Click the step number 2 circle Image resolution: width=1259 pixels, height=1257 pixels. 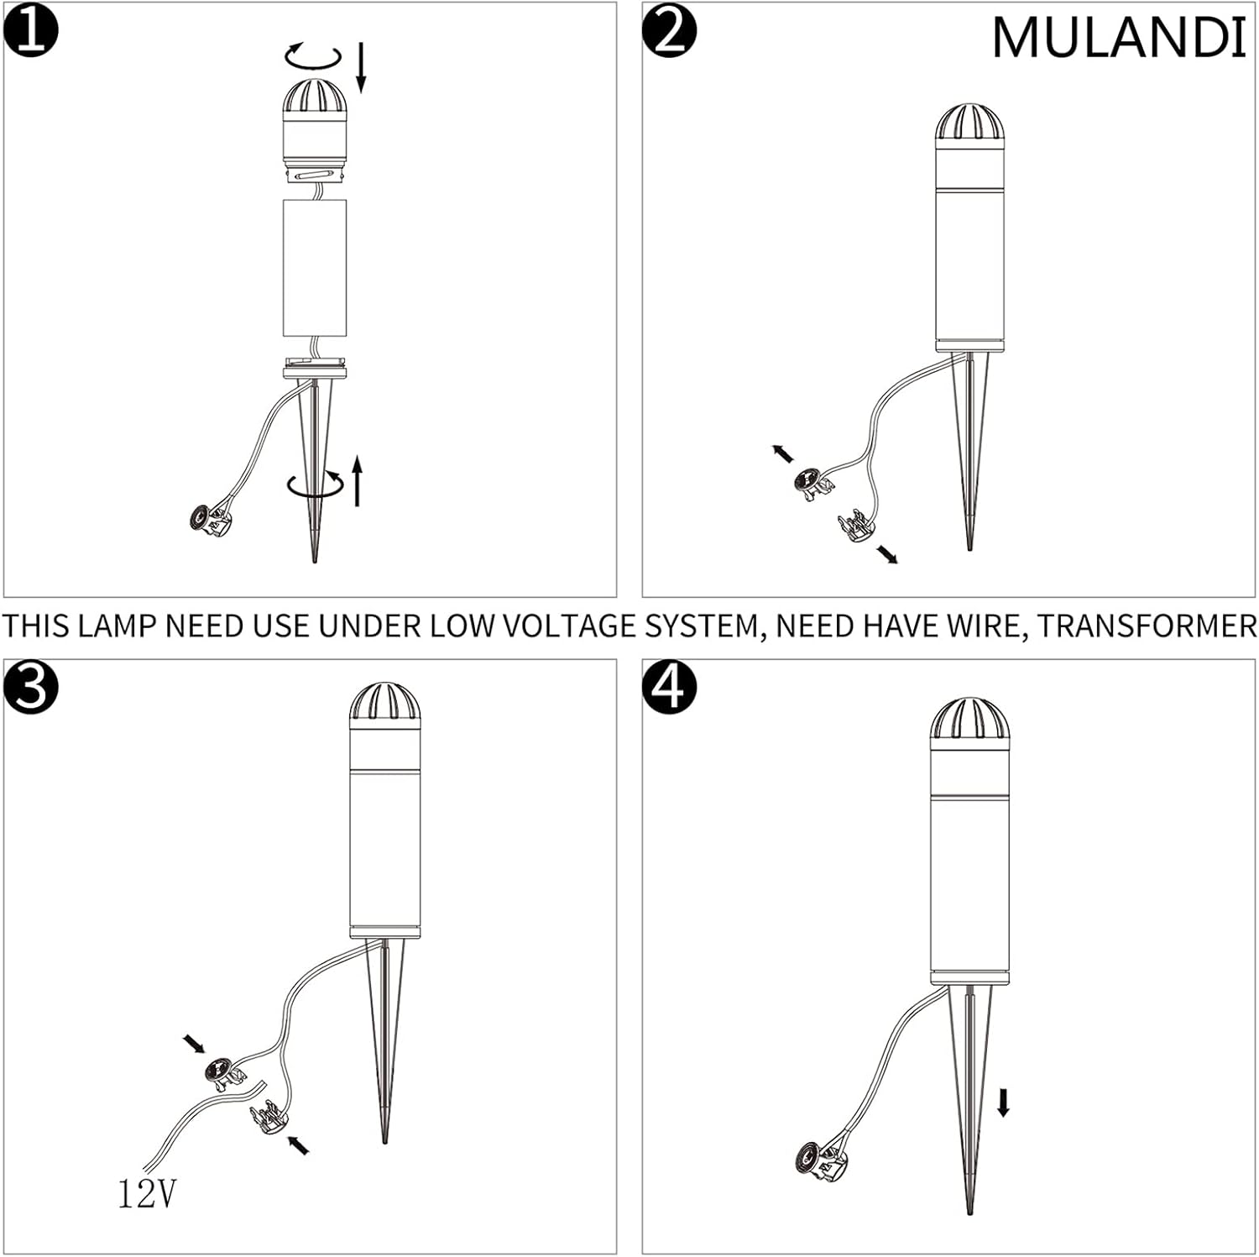tap(669, 33)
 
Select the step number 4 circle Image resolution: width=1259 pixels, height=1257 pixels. tap(669, 687)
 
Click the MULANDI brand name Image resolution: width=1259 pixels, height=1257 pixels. tap(1118, 38)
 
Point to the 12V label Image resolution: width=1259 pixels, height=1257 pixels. tap(148, 1194)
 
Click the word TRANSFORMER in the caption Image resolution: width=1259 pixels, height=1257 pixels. tap(1147, 626)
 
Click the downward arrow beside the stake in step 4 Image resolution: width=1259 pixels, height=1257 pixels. tap(1003, 1102)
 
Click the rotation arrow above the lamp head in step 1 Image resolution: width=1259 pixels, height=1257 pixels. tap(313, 56)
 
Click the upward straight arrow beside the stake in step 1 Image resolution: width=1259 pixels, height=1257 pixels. tap(358, 480)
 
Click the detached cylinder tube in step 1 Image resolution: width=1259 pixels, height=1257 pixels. tap(315, 268)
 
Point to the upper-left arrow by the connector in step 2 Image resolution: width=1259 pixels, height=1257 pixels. tap(782, 453)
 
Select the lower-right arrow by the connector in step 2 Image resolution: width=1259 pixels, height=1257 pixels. tap(886, 553)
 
